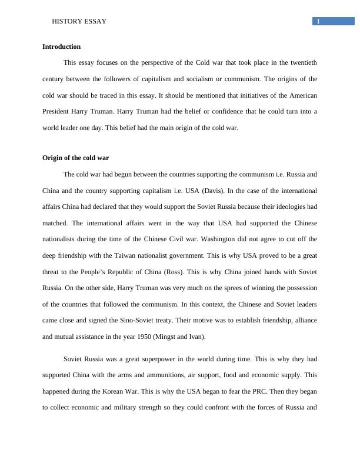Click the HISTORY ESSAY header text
pyautogui.click(x=79, y=22)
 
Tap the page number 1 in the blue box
pyautogui.click(x=318, y=22)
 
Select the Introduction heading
pyautogui.click(x=62, y=46)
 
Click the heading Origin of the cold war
pyautogui.click(x=76, y=158)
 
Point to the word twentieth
pyautogui.click(x=303, y=62)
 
